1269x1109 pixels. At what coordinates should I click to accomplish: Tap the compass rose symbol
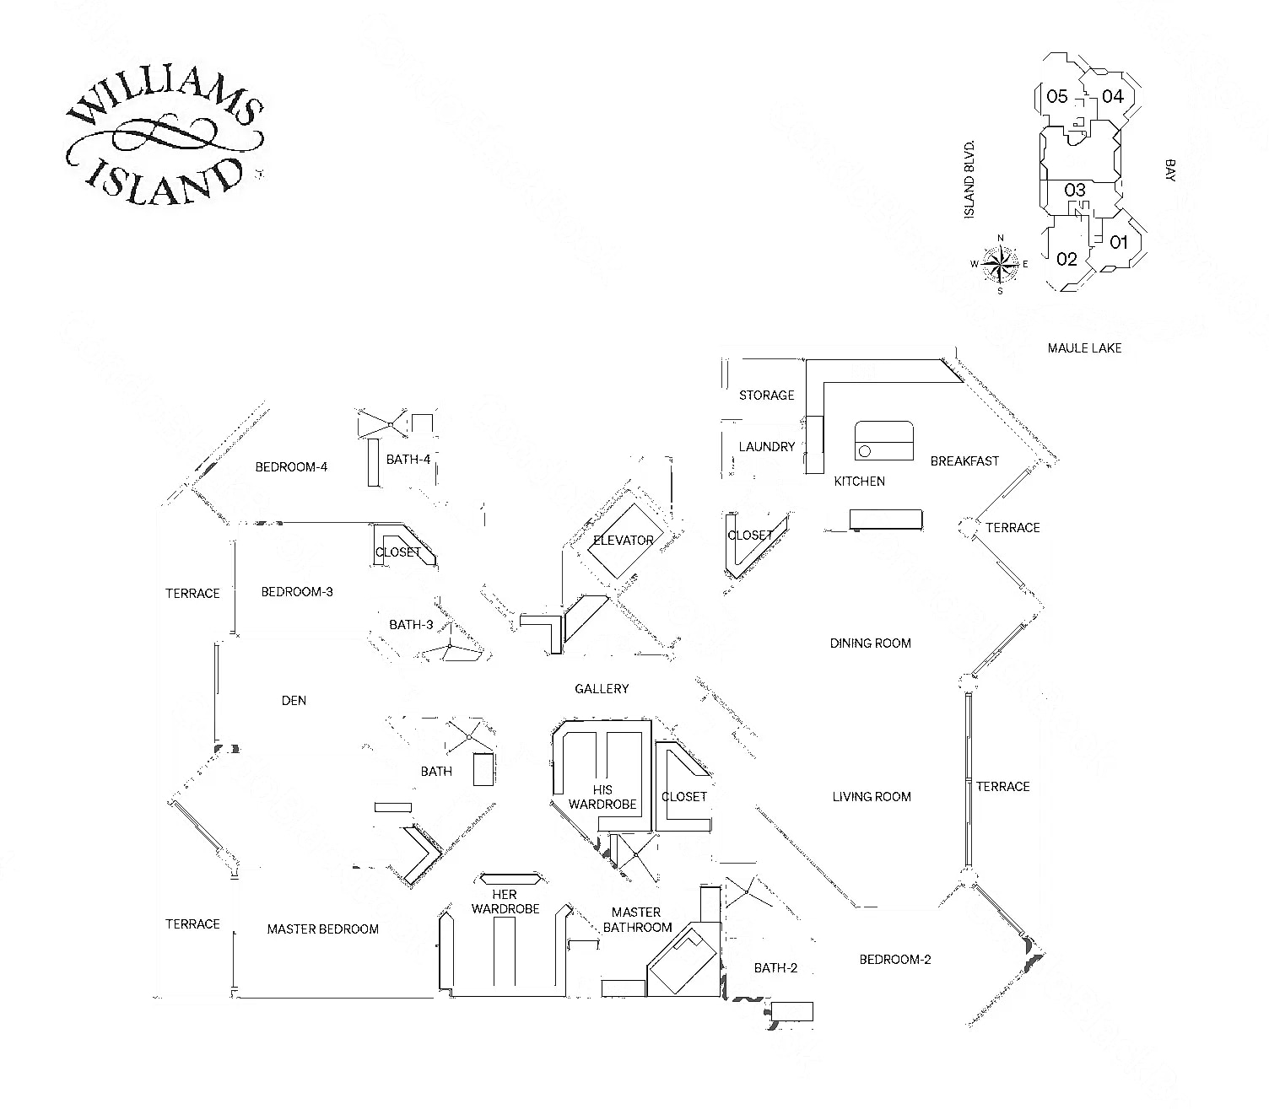tap(1001, 264)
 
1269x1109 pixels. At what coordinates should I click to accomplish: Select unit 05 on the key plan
tap(1056, 96)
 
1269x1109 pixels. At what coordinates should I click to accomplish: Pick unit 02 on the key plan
tap(1066, 259)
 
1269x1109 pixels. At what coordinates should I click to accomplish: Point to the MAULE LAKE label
tap(1084, 347)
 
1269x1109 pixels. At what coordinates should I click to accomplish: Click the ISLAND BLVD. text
tap(969, 180)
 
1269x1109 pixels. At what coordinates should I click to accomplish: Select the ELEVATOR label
tap(624, 540)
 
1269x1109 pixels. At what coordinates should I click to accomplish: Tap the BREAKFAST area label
tap(964, 461)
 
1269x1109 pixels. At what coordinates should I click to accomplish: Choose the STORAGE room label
tap(766, 395)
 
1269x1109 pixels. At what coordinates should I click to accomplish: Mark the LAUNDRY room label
tap(766, 447)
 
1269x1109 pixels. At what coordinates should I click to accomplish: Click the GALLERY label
tap(602, 689)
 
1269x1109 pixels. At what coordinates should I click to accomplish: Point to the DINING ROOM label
tap(870, 643)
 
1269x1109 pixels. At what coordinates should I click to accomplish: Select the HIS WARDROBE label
tap(602, 797)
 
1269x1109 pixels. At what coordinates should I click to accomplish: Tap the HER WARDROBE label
tap(505, 902)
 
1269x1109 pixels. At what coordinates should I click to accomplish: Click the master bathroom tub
tap(683, 961)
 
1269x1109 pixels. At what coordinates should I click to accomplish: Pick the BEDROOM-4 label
tap(291, 467)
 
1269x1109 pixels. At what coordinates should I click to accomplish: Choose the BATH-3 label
tap(411, 625)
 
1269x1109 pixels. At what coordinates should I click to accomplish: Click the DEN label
tap(294, 700)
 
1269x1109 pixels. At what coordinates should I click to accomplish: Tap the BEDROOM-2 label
tap(894, 960)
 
